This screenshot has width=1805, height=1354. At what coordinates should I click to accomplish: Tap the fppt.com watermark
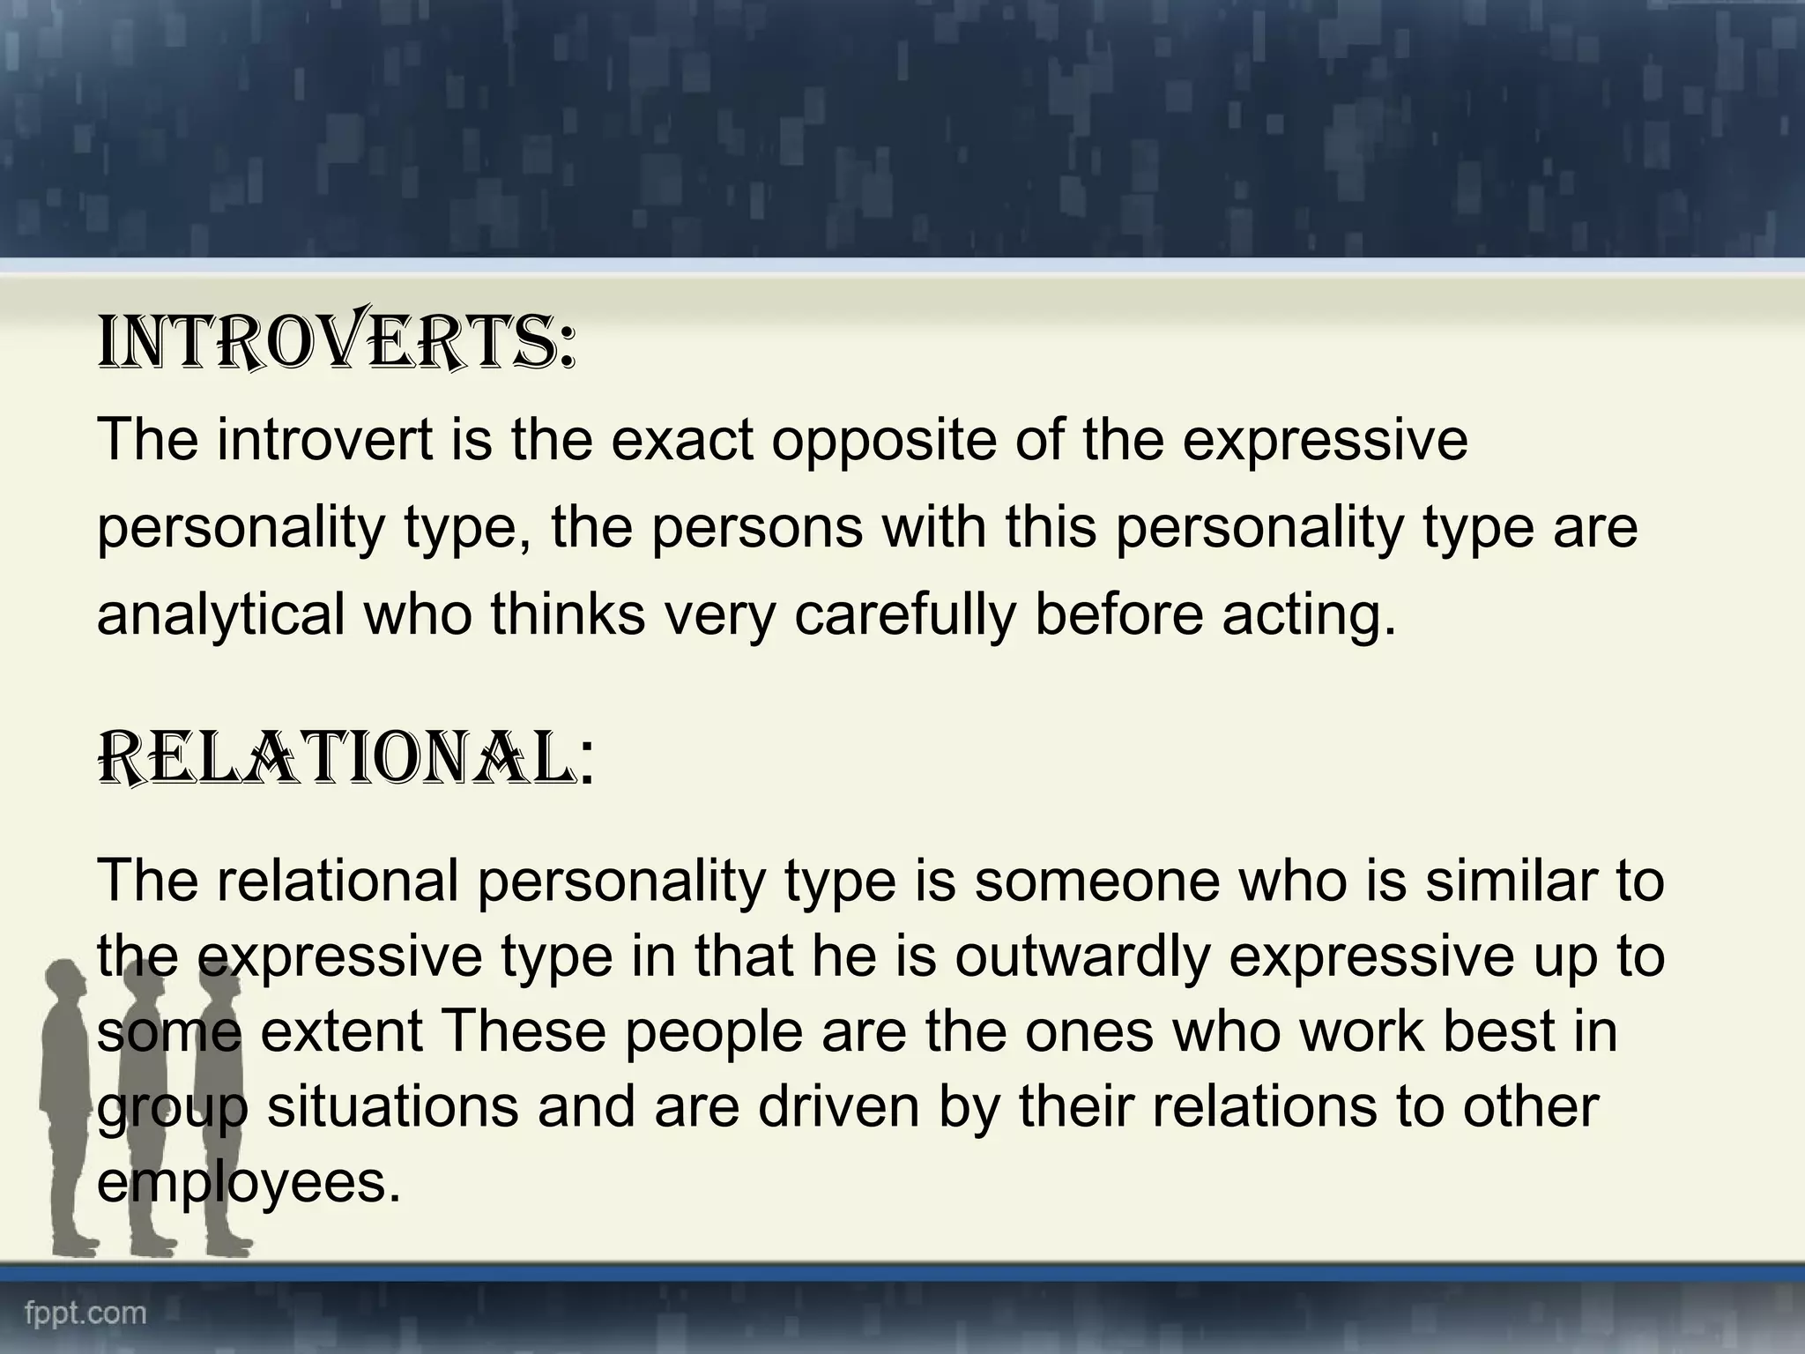coord(85,1313)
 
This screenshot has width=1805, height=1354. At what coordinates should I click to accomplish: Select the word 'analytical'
coord(220,614)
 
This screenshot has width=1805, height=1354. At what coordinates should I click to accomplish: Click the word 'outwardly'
coord(1081,956)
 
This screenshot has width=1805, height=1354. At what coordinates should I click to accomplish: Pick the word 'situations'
coord(393,1107)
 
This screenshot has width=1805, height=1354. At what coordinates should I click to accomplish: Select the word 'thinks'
coord(568,614)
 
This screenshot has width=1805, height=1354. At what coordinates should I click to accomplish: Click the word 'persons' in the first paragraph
coord(757,528)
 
